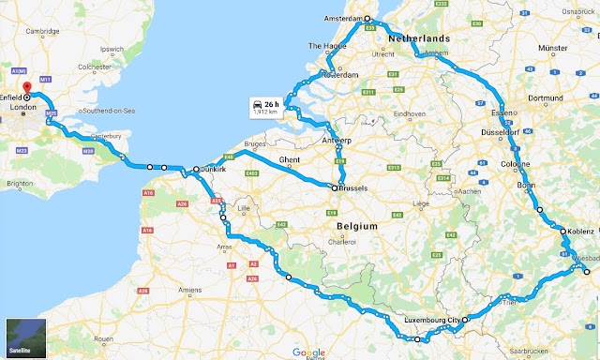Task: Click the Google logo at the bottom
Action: pos(307,352)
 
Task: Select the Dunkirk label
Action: pos(214,171)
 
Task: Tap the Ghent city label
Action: pos(291,160)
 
